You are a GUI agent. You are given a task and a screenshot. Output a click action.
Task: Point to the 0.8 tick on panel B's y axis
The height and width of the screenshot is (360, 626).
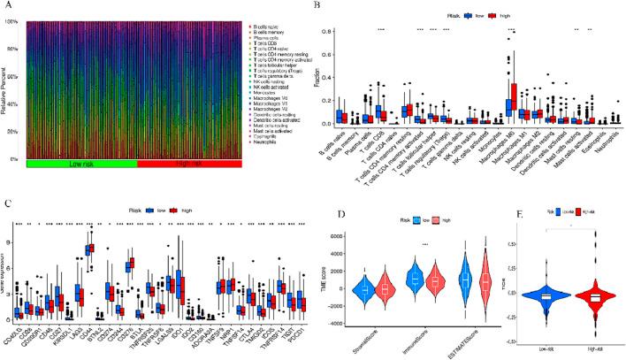(x=333, y=32)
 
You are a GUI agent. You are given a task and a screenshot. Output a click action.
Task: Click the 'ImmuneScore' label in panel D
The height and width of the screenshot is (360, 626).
(x=424, y=337)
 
